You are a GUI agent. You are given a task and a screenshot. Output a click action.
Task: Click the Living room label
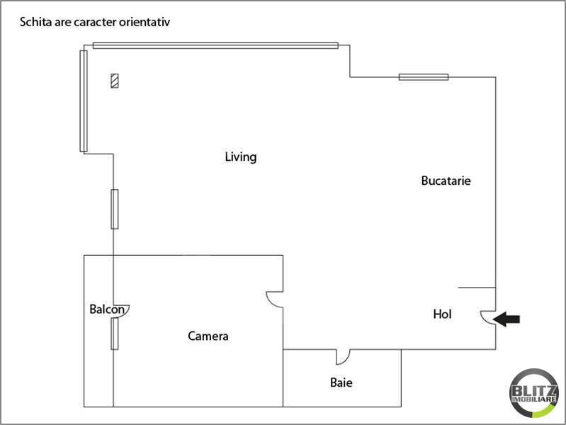tap(240, 157)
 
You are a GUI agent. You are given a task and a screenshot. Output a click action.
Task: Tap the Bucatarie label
tap(446, 181)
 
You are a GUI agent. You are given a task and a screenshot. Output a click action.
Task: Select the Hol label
tap(442, 314)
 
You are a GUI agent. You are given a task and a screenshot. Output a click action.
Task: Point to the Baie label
tap(341, 383)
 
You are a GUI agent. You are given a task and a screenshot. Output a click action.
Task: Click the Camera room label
tap(208, 336)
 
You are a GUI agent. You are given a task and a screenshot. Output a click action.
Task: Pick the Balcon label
tap(108, 310)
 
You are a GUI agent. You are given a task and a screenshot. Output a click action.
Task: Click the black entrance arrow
tap(506, 319)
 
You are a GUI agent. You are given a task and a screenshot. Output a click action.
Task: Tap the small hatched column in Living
tap(114, 81)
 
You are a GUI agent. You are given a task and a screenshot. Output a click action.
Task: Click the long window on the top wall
tap(215, 46)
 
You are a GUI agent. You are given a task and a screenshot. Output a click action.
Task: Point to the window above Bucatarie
tap(423, 76)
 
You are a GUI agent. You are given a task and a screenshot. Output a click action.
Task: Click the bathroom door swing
tap(342, 356)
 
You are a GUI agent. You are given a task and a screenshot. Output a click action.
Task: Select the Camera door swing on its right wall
tap(274, 300)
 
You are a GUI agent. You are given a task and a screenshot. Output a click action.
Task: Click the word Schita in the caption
tap(35, 22)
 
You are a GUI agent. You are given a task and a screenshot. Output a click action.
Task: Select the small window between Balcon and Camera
tap(113, 334)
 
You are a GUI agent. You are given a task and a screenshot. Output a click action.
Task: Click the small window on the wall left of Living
tap(114, 209)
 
